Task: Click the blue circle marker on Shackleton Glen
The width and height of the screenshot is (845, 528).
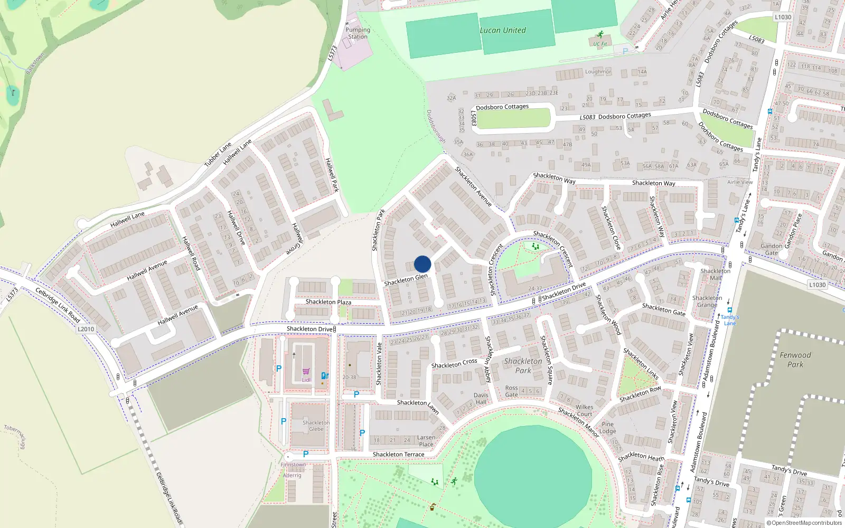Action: [x=422, y=264]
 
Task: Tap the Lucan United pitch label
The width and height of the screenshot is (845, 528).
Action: [x=502, y=31]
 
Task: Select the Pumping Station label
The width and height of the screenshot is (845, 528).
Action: [x=358, y=33]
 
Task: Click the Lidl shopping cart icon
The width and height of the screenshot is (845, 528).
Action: [x=306, y=372]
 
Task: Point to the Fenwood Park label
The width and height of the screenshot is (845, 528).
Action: [x=795, y=360]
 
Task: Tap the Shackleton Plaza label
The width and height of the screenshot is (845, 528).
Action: [x=328, y=302]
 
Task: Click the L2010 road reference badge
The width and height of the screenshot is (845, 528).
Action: [x=86, y=329]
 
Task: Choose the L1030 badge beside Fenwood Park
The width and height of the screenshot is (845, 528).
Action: [x=817, y=285]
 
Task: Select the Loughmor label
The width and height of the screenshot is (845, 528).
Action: [x=598, y=72]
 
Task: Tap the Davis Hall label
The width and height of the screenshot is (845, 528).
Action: [x=481, y=399]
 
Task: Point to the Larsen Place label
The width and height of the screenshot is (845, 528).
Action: [x=426, y=441]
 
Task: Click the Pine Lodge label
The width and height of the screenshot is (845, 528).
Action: [x=607, y=428]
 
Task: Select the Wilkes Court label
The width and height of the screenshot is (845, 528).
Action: [x=584, y=410]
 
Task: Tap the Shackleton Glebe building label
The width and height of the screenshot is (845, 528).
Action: [x=316, y=426]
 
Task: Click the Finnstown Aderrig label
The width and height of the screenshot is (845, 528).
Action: [x=293, y=470]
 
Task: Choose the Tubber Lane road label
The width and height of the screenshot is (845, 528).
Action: [x=218, y=155]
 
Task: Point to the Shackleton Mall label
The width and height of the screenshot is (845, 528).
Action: [x=715, y=275]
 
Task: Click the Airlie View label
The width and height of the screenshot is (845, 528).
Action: [x=740, y=182]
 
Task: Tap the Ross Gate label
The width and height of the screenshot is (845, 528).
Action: [x=511, y=391]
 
